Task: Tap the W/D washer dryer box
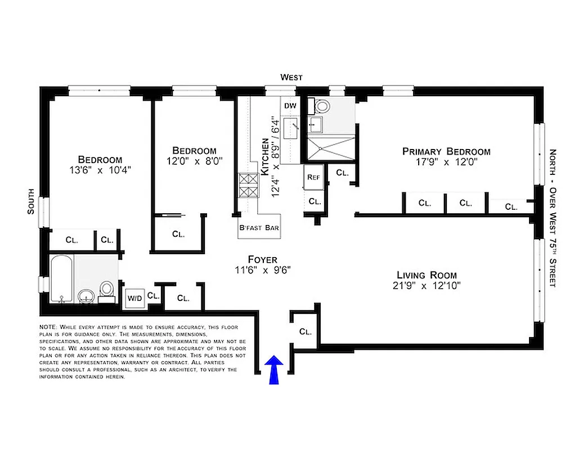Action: (x=134, y=298)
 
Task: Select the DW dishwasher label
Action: (x=290, y=106)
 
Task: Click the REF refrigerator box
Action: (x=313, y=177)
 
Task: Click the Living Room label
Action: (x=427, y=275)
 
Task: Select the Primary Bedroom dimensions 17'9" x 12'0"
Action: (x=446, y=162)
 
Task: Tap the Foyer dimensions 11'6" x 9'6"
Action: (x=263, y=269)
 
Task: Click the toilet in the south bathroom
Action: (x=106, y=290)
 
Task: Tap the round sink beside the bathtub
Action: (x=86, y=295)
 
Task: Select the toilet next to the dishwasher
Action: (x=323, y=105)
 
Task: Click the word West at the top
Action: (x=291, y=78)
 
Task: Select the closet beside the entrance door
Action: (x=304, y=331)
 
